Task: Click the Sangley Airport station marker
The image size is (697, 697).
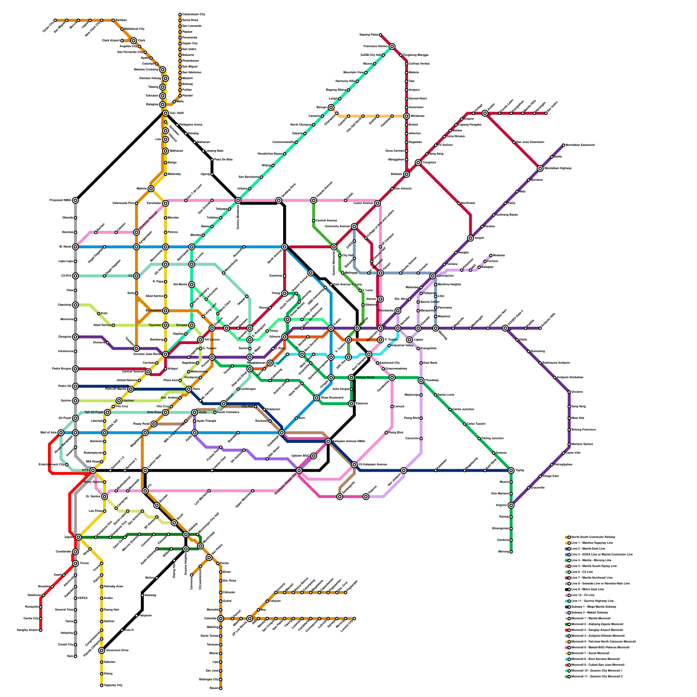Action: tap(41, 630)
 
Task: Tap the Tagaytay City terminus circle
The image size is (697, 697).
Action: tap(102, 685)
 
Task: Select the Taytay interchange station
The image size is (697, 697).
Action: tap(511, 470)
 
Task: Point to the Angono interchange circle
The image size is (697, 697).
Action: tap(511, 505)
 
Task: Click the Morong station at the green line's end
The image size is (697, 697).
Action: tap(511, 552)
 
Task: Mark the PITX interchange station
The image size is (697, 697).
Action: tap(93, 470)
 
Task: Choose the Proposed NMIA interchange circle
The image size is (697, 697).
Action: tap(75, 200)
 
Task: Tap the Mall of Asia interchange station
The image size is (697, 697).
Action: tap(61, 433)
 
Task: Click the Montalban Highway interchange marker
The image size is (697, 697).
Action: tap(540, 169)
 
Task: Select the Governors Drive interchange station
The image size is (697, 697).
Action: tap(102, 650)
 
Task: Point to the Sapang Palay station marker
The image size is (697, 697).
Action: tap(380, 35)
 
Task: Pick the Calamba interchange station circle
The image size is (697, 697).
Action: tap(221, 619)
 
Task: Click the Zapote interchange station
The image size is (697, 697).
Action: tap(78, 537)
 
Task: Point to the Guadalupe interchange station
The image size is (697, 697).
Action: tap(282, 433)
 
